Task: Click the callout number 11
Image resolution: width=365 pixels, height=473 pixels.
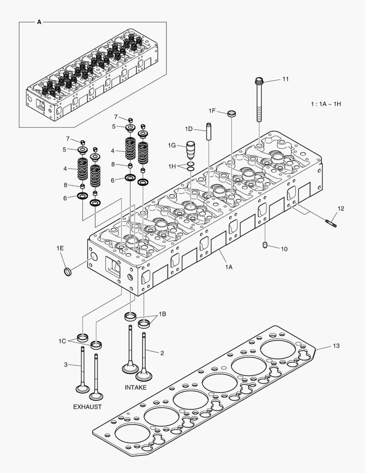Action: coord(285,79)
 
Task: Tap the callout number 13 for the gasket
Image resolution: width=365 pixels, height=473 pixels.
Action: coord(336,346)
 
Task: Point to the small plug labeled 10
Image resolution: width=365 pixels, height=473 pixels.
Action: coord(265,245)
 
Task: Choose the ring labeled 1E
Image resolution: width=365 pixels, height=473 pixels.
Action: coord(68,272)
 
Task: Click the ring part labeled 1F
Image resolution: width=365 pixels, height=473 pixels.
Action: coord(232,114)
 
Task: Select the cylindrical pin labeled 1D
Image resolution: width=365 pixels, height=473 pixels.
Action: coord(209,132)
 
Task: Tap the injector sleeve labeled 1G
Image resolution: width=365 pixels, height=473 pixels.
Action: coord(191,151)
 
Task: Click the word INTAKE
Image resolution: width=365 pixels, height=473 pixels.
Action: coord(136,388)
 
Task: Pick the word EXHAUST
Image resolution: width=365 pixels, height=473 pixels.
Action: coord(87,407)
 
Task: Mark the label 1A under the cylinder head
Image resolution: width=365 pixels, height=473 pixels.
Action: coord(229,267)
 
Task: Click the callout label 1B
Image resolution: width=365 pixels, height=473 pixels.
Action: coord(162,314)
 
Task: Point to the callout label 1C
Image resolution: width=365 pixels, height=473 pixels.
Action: coord(62,340)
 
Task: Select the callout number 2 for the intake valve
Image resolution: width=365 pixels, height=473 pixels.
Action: coord(162,353)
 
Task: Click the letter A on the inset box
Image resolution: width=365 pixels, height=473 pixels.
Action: coord(39,22)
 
